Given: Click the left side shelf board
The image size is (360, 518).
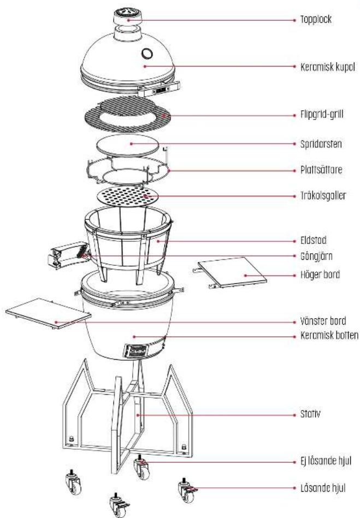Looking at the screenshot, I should (x=48, y=315).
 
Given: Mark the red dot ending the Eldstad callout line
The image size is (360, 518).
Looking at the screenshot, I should (x=157, y=239).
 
